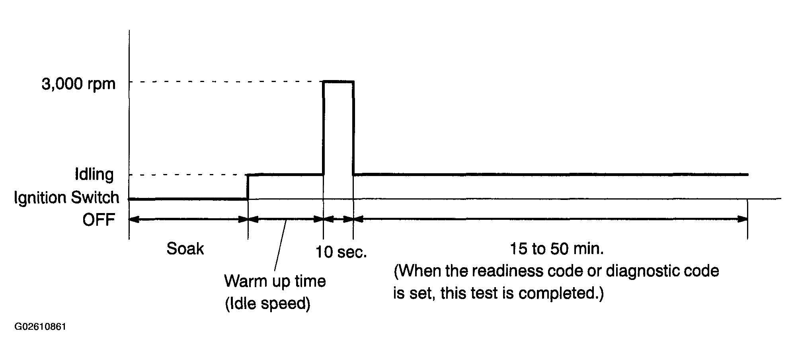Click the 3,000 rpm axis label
coord(78,84)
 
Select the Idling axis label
coord(94,175)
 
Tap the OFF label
coord(99,220)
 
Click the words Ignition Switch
coord(66,198)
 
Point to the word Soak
coord(185,249)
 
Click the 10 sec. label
coord(341,252)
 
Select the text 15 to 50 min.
coord(557,249)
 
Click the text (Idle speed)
coord(267,304)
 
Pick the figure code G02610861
coord(40,327)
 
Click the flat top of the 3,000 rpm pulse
coord(338,82)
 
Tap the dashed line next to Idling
coord(188,175)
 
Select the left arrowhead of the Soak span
coord(135,219)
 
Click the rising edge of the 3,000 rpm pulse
coord(324,128)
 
